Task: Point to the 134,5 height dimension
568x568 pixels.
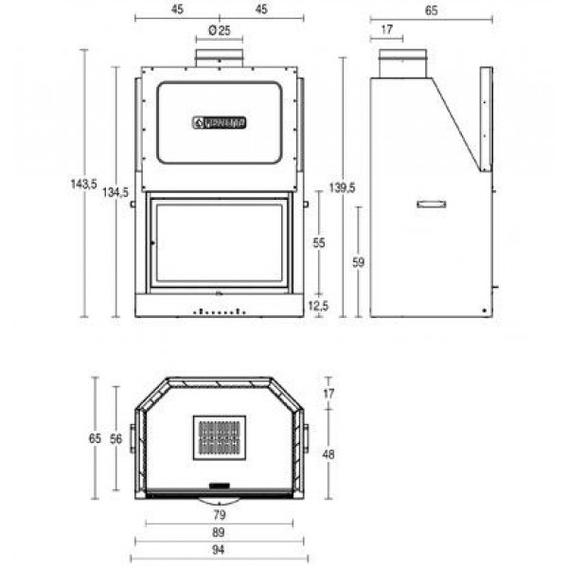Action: point(115,192)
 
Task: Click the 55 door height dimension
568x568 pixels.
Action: point(319,243)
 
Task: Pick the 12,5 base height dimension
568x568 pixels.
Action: point(319,305)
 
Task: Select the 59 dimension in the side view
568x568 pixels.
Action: point(358,262)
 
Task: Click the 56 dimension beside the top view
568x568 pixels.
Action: point(115,438)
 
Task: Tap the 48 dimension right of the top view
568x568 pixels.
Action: point(328,454)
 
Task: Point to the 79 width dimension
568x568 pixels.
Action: point(219,516)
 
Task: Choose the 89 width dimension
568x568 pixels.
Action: point(219,533)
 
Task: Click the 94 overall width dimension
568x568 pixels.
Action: point(219,550)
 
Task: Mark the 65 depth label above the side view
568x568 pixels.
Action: point(432,11)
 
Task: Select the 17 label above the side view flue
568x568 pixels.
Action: point(386,31)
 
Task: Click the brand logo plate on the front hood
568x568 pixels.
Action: point(220,121)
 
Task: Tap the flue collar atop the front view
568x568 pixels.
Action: point(220,58)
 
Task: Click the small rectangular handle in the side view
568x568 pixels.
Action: point(432,203)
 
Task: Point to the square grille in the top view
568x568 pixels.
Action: point(219,438)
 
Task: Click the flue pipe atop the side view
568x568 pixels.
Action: point(402,63)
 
